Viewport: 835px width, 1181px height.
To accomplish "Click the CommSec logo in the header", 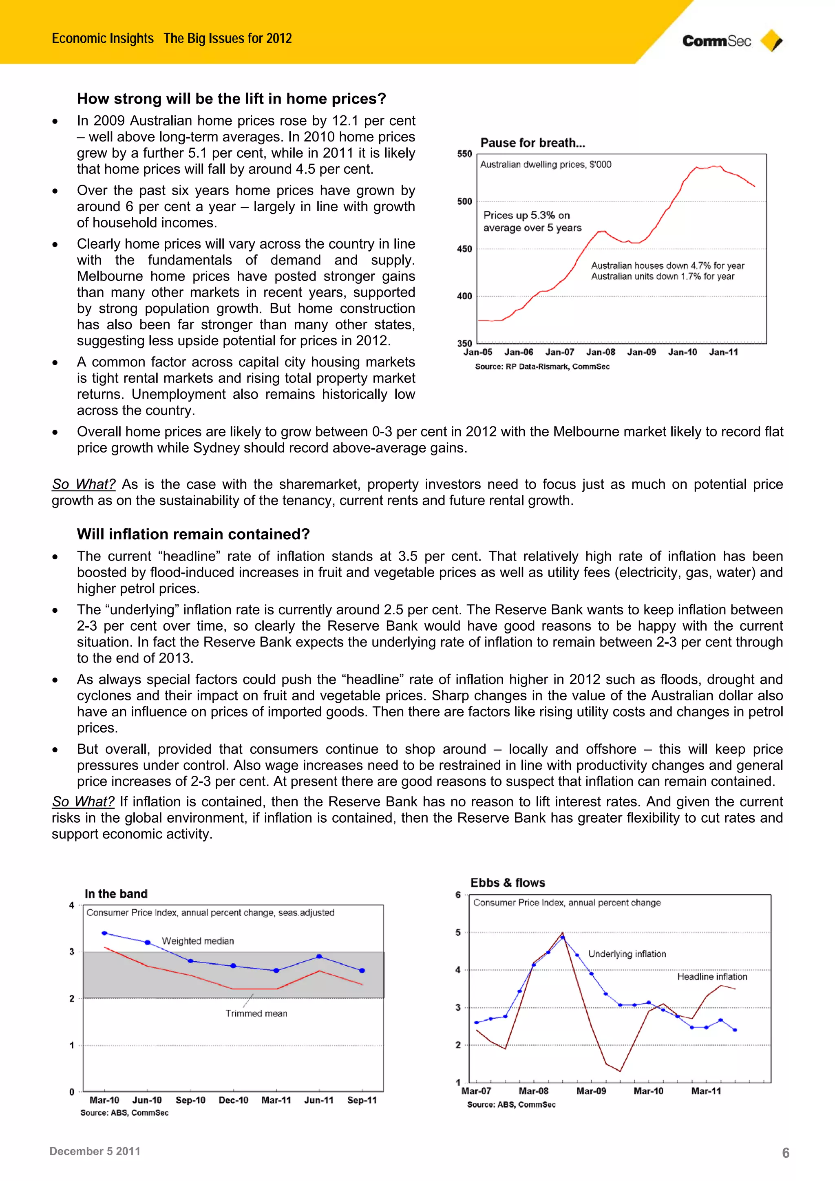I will (x=731, y=41).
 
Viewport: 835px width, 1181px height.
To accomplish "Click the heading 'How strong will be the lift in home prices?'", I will (x=232, y=98).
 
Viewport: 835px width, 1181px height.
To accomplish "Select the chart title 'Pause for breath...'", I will (x=532, y=143).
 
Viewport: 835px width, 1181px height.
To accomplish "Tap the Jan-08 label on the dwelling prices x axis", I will (x=601, y=352).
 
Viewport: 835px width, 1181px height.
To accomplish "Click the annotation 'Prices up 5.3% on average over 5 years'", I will (x=532, y=221).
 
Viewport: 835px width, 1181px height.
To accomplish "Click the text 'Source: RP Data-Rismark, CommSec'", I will (x=542, y=367).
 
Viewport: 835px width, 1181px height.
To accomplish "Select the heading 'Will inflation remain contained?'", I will (x=193, y=534).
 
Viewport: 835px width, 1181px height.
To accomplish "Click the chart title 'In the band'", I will (x=116, y=894).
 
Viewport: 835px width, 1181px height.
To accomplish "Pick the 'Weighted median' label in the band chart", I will (x=198, y=941).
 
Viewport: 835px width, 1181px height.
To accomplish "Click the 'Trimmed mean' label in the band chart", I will (x=256, y=1013).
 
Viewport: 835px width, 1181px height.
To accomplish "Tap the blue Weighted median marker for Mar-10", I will (x=104, y=933).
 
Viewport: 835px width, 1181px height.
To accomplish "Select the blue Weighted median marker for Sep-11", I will (x=362, y=970).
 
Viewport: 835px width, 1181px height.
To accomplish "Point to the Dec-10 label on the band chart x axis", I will (x=233, y=1100).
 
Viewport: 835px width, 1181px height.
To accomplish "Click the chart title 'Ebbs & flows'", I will (x=507, y=883).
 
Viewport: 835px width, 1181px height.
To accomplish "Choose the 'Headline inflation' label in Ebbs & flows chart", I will (x=711, y=976).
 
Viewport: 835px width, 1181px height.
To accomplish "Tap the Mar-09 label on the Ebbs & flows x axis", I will (x=591, y=1091).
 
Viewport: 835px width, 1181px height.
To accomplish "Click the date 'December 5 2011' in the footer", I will (x=95, y=1151).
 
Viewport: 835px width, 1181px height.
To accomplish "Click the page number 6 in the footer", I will (x=785, y=1153).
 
